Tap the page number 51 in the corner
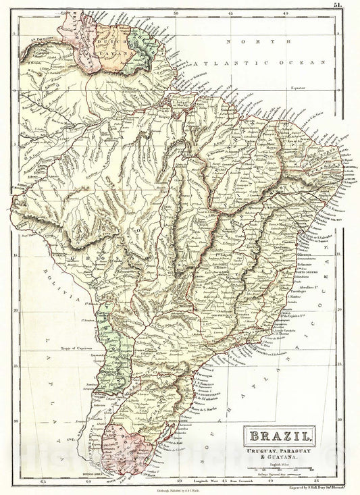(x=351, y=5)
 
